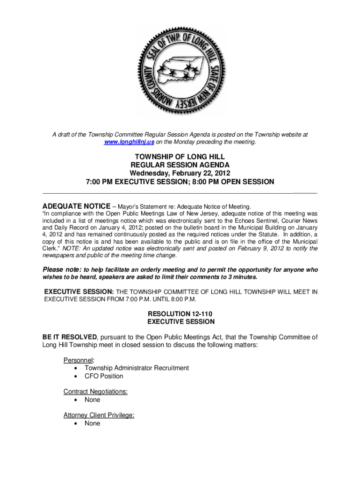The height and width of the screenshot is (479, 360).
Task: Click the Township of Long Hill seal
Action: coord(180,71)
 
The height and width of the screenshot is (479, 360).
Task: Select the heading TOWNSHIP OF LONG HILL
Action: coord(180,156)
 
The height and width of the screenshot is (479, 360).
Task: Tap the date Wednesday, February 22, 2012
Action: coord(180,173)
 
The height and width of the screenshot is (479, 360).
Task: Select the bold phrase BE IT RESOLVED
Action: coord(70,337)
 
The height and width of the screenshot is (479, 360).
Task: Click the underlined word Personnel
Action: coord(79,360)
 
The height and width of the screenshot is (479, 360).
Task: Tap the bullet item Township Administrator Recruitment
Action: coord(137,368)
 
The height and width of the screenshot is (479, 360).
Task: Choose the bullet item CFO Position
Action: coord(104,376)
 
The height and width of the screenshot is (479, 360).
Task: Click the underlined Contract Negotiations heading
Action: coord(95,392)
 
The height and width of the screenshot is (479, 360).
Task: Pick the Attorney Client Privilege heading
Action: coord(99,415)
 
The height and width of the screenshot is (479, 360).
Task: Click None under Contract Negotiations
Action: coord(92,400)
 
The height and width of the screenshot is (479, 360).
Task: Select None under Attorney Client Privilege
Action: coord(92,423)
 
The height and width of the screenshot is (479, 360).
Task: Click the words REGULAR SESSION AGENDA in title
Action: coord(180,165)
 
